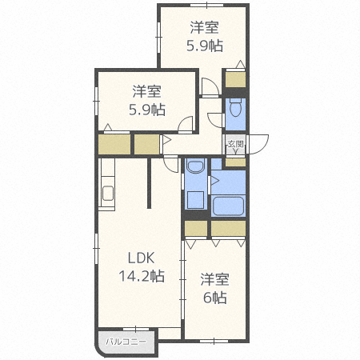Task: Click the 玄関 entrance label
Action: pos(234,144)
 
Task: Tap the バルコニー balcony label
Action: pos(126,342)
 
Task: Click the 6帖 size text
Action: pos(215,298)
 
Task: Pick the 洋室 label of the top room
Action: pos(206,26)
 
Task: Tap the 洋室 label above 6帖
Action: pos(215,279)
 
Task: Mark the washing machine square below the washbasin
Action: pos(196,199)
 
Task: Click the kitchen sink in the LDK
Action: pos(108,194)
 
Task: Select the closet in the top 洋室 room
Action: pos(235,80)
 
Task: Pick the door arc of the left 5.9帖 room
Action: pos(186,125)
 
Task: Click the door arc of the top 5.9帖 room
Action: pos(208,88)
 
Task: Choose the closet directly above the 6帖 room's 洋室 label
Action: pos(196,229)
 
